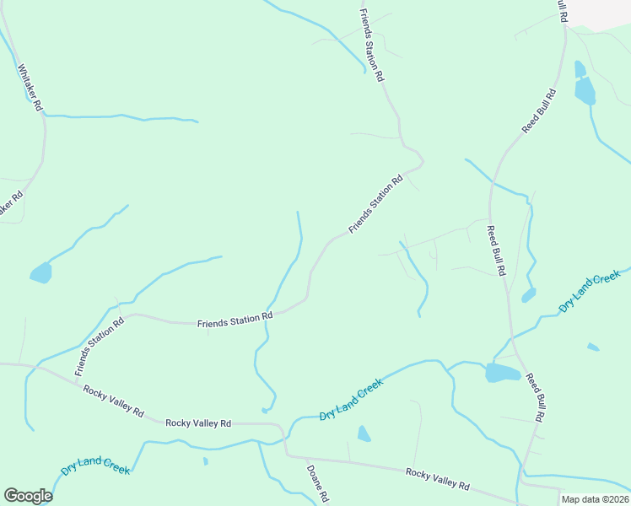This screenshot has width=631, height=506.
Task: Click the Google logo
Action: [x=28, y=496]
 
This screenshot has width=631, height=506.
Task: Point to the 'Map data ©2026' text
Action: [x=595, y=499]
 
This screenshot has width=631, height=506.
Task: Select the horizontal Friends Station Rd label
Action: [x=235, y=320]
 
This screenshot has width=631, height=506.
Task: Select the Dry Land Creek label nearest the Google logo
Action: [x=95, y=465]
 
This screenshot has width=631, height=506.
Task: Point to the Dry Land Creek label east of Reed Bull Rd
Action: [x=590, y=293]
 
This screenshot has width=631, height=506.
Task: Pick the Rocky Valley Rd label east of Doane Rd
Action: [x=437, y=478]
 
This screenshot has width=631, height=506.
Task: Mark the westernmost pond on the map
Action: [x=40, y=273]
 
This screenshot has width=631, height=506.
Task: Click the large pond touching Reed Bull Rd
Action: [x=503, y=373]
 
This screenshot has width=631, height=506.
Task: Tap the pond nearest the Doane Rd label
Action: [x=364, y=434]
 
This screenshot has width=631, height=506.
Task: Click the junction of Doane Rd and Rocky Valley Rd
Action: [x=287, y=455]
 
